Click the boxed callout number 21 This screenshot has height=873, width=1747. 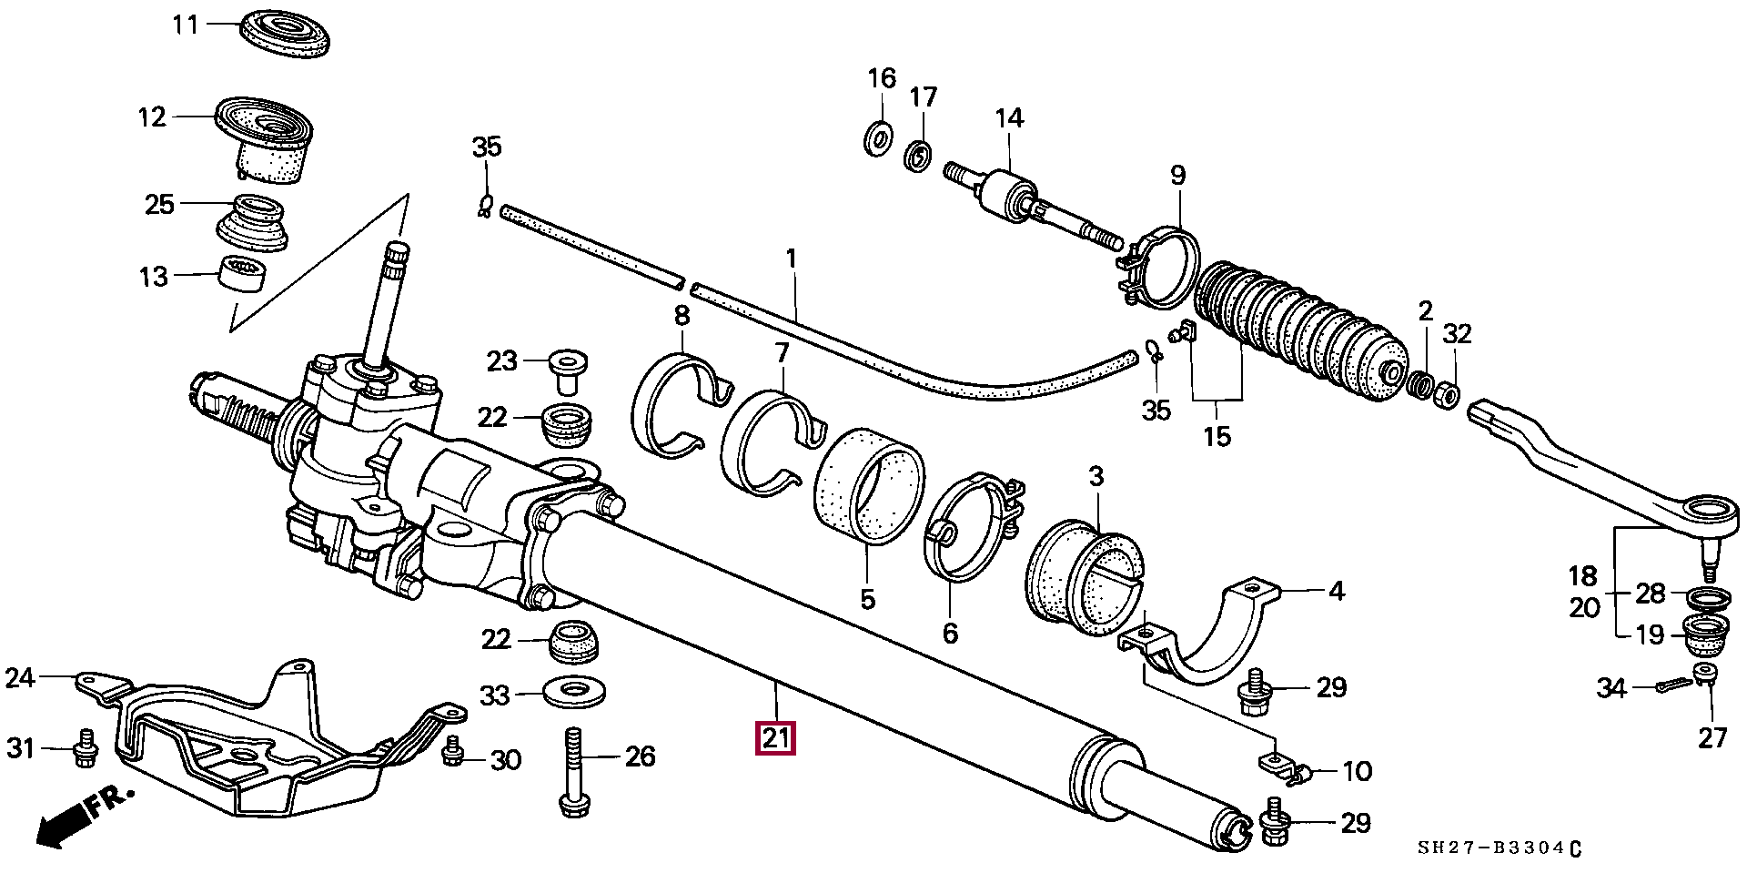[x=776, y=737]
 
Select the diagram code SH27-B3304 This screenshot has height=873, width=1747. [x=1500, y=848]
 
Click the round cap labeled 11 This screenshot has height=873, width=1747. [x=285, y=34]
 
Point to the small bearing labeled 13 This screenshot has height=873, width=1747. [x=243, y=273]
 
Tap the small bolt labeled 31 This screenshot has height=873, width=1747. [x=86, y=748]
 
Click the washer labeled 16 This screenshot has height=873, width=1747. [x=878, y=137]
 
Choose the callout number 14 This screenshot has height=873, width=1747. [x=1009, y=118]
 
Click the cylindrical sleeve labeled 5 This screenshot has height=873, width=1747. [x=868, y=487]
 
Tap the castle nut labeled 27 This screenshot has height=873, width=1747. [x=1705, y=675]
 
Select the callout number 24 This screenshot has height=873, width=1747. [x=20, y=679]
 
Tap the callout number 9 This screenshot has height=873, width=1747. [x=1178, y=175]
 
